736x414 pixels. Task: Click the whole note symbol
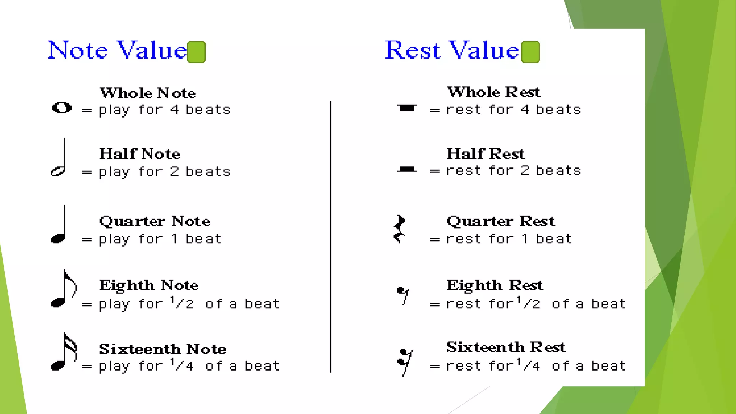coord(62,108)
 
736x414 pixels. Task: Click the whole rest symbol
coord(407,108)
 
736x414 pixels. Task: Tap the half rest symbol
coord(407,169)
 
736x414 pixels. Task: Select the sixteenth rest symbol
coord(405,361)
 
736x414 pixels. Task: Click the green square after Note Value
coord(196,52)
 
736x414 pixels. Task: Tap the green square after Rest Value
coord(530,52)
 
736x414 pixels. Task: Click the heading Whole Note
coord(148,93)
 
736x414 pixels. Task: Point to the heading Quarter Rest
coord(501,221)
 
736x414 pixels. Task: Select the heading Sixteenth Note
coord(162,349)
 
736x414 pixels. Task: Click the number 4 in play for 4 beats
coord(175,110)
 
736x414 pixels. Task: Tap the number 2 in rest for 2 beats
coord(525,170)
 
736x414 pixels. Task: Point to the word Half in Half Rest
coord(465,154)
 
